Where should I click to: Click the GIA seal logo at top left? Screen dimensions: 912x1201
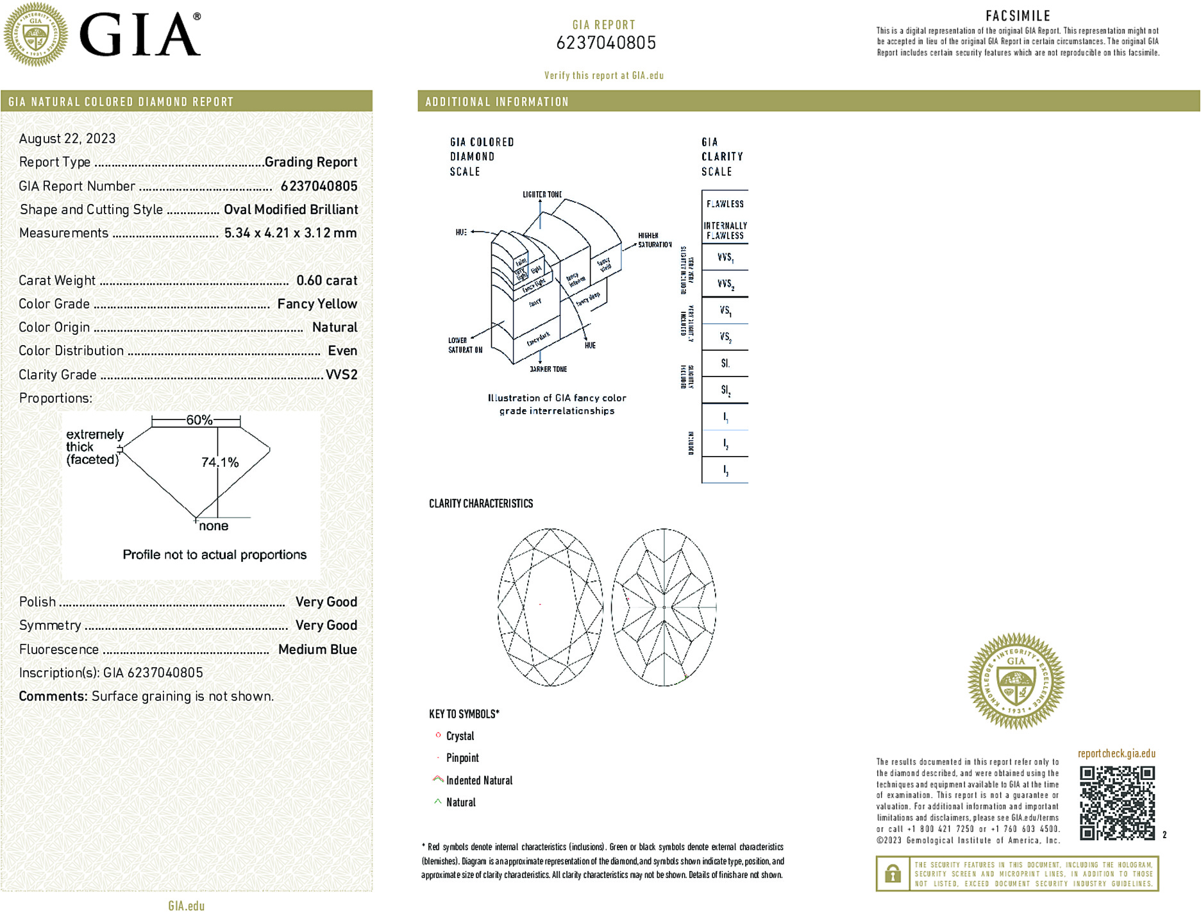click(36, 34)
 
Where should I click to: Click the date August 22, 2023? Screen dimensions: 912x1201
click(67, 139)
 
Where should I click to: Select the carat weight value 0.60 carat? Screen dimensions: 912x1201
click(326, 280)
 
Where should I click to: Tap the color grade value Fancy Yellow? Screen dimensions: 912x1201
click(317, 304)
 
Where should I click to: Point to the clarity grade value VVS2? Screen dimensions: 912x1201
click(341, 375)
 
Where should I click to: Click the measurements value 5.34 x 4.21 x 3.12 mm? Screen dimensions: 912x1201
click(290, 233)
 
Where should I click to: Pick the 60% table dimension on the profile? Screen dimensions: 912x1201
click(199, 420)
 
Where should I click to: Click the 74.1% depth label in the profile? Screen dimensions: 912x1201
click(220, 462)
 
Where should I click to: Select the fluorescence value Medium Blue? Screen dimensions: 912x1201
click(317, 649)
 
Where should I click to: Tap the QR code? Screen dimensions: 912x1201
click(1117, 802)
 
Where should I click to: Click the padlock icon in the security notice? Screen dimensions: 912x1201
click(893, 874)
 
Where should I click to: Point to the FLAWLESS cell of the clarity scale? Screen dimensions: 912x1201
click(725, 204)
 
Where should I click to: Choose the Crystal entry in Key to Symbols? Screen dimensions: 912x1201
click(460, 736)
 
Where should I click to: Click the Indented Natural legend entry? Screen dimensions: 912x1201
click(479, 781)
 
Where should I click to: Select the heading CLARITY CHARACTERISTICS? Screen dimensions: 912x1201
click(481, 503)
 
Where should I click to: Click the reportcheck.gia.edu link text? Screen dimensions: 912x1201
click(1116, 754)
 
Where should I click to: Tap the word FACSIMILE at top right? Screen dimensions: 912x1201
click(1018, 16)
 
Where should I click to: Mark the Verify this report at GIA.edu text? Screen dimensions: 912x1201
click(603, 76)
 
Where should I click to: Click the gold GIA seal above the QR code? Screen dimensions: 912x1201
click(1016, 681)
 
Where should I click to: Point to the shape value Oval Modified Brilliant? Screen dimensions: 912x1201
click(290, 210)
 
